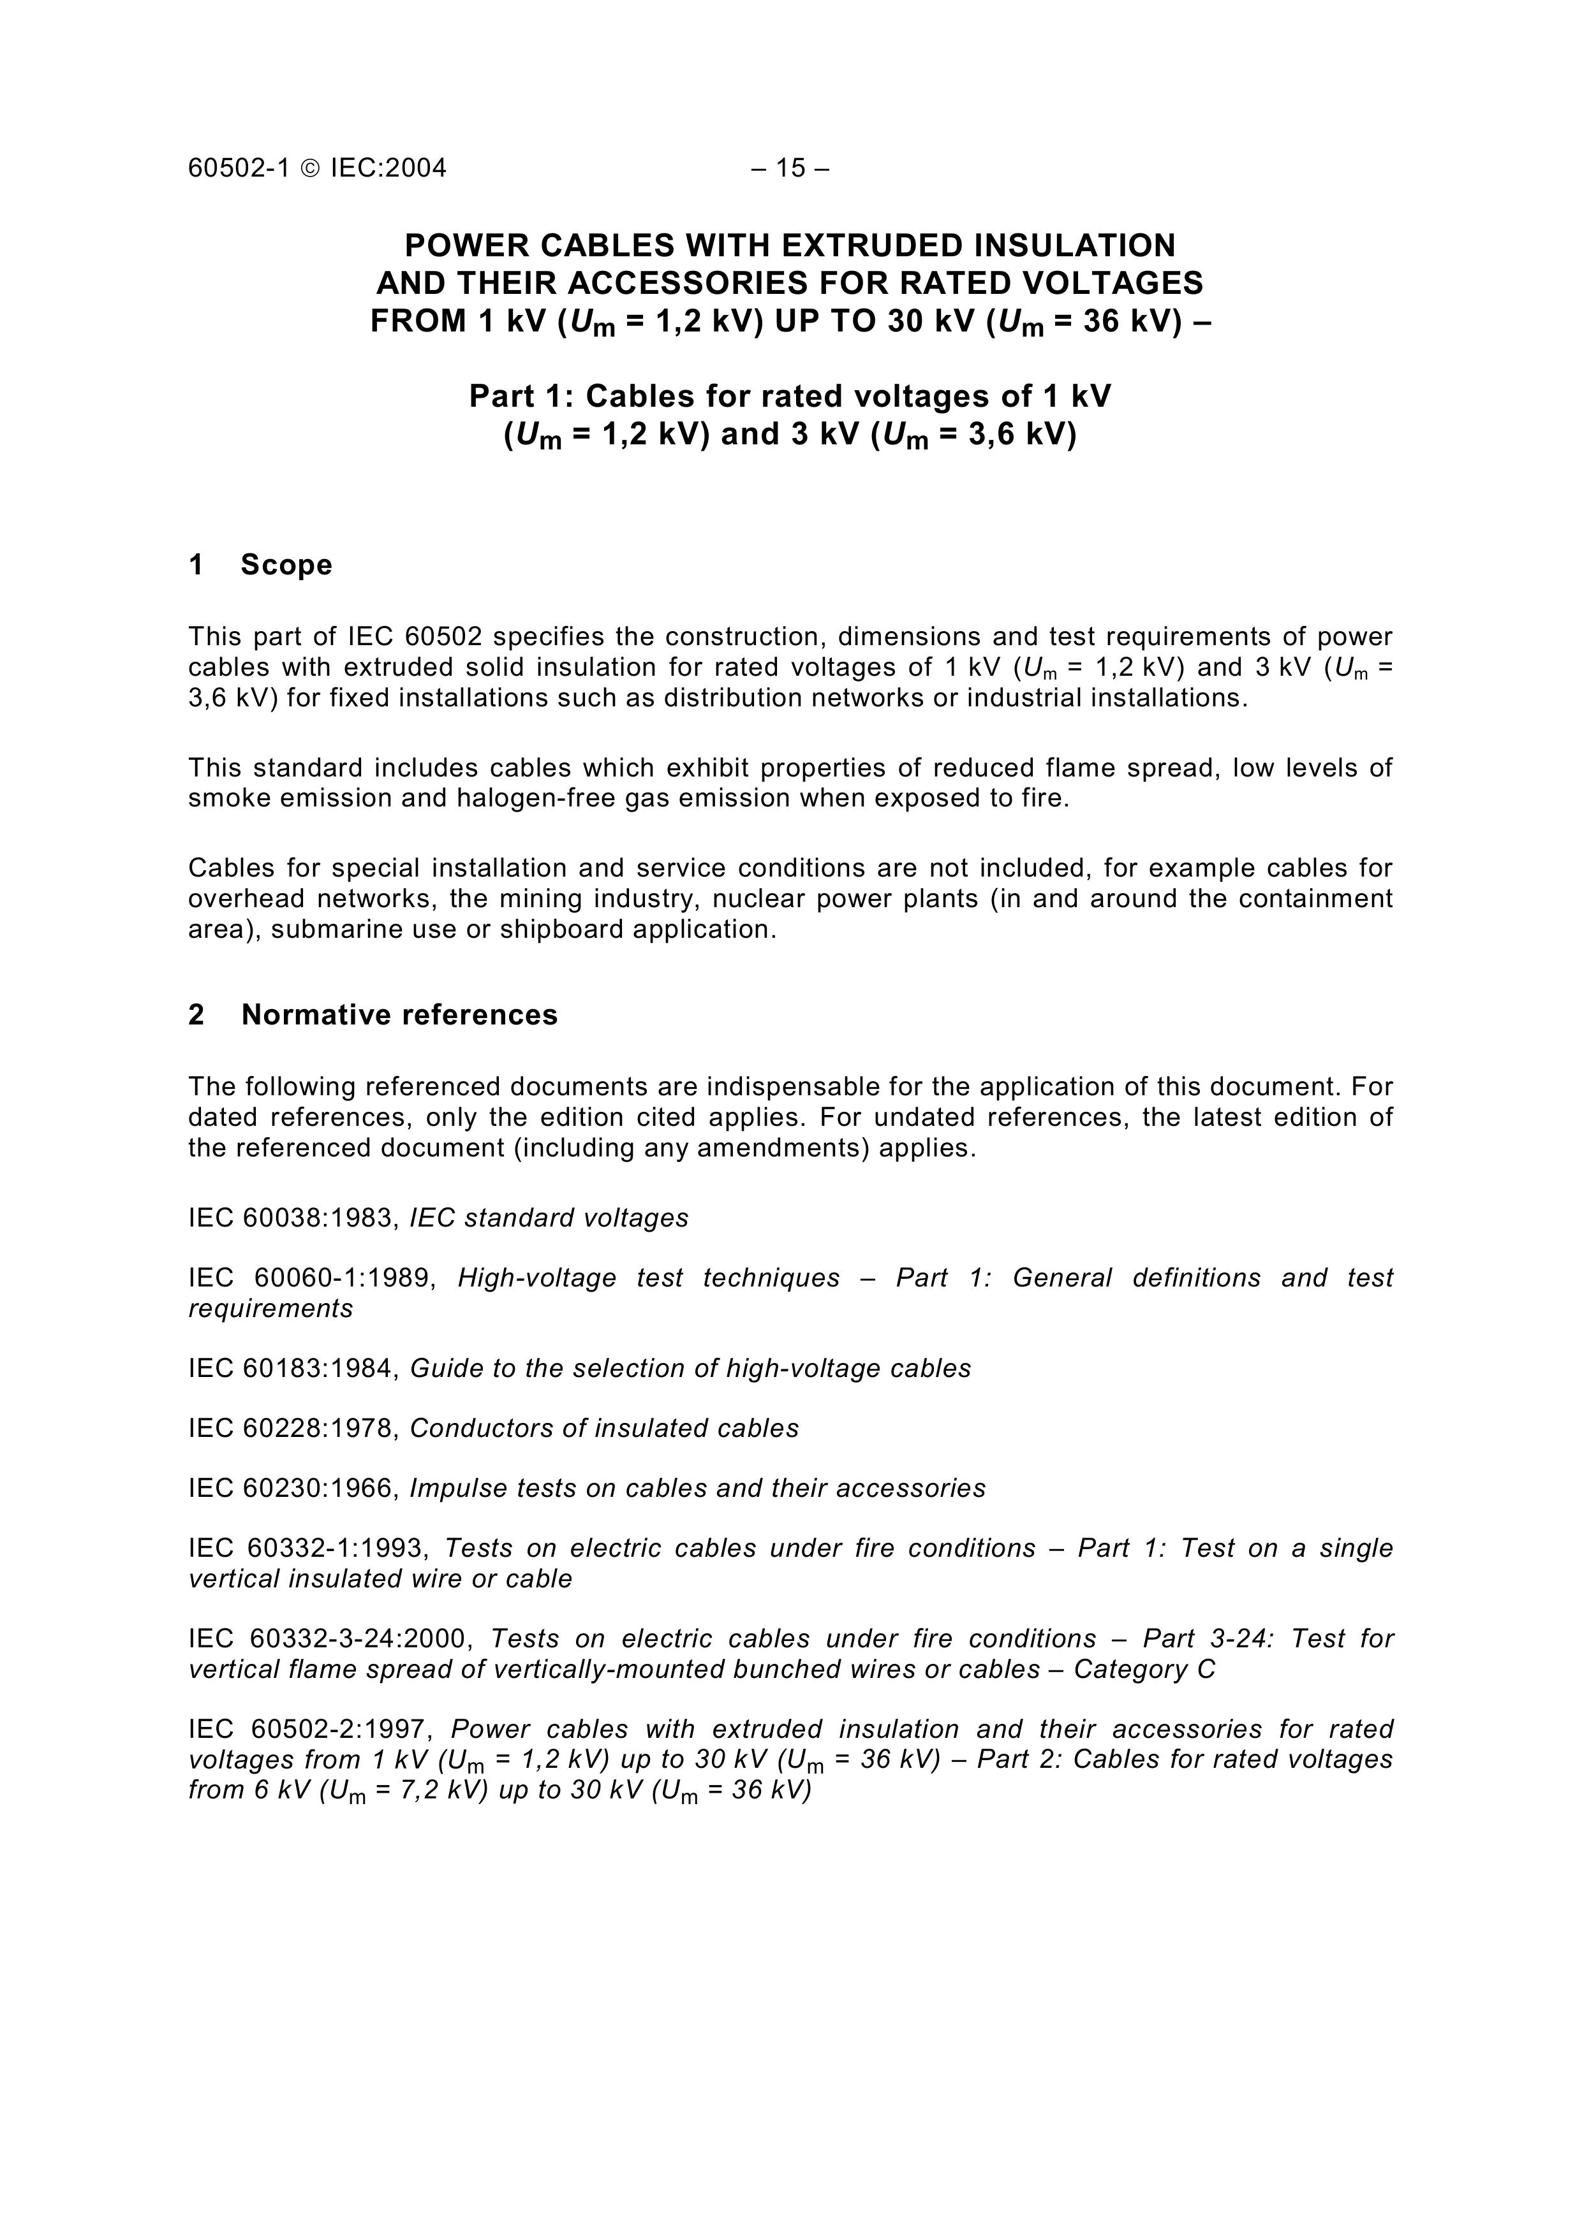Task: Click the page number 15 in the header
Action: [790, 168]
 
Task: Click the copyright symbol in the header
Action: [310, 168]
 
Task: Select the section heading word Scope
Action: [286, 565]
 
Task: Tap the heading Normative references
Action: [399, 1015]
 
